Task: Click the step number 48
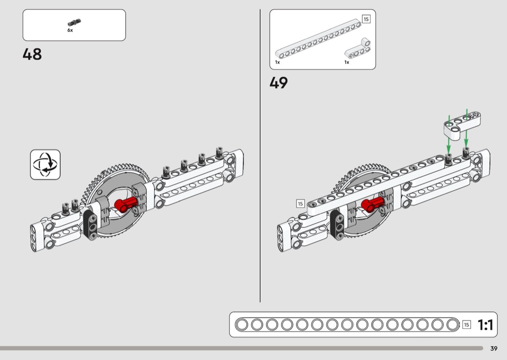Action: click(x=32, y=55)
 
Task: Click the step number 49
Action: click(x=279, y=83)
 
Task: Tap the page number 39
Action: click(x=494, y=348)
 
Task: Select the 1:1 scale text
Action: click(x=485, y=325)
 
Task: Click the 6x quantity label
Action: click(x=70, y=30)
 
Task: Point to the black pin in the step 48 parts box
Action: click(x=74, y=22)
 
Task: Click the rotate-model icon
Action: click(x=45, y=165)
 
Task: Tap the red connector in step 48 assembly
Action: click(x=126, y=205)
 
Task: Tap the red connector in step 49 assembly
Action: click(x=372, y=205)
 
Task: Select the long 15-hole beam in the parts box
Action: click(x=318, y=39)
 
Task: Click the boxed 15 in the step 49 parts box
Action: click(x=366, y=19)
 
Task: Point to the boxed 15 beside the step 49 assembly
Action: click(x=300, y=204)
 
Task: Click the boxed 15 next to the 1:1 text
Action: click(x=466, y=325)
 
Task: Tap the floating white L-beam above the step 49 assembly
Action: click(x=462, y=125)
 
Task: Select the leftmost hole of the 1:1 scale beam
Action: click(x=242, y=325)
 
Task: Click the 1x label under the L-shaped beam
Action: click(x=347, y=62)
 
